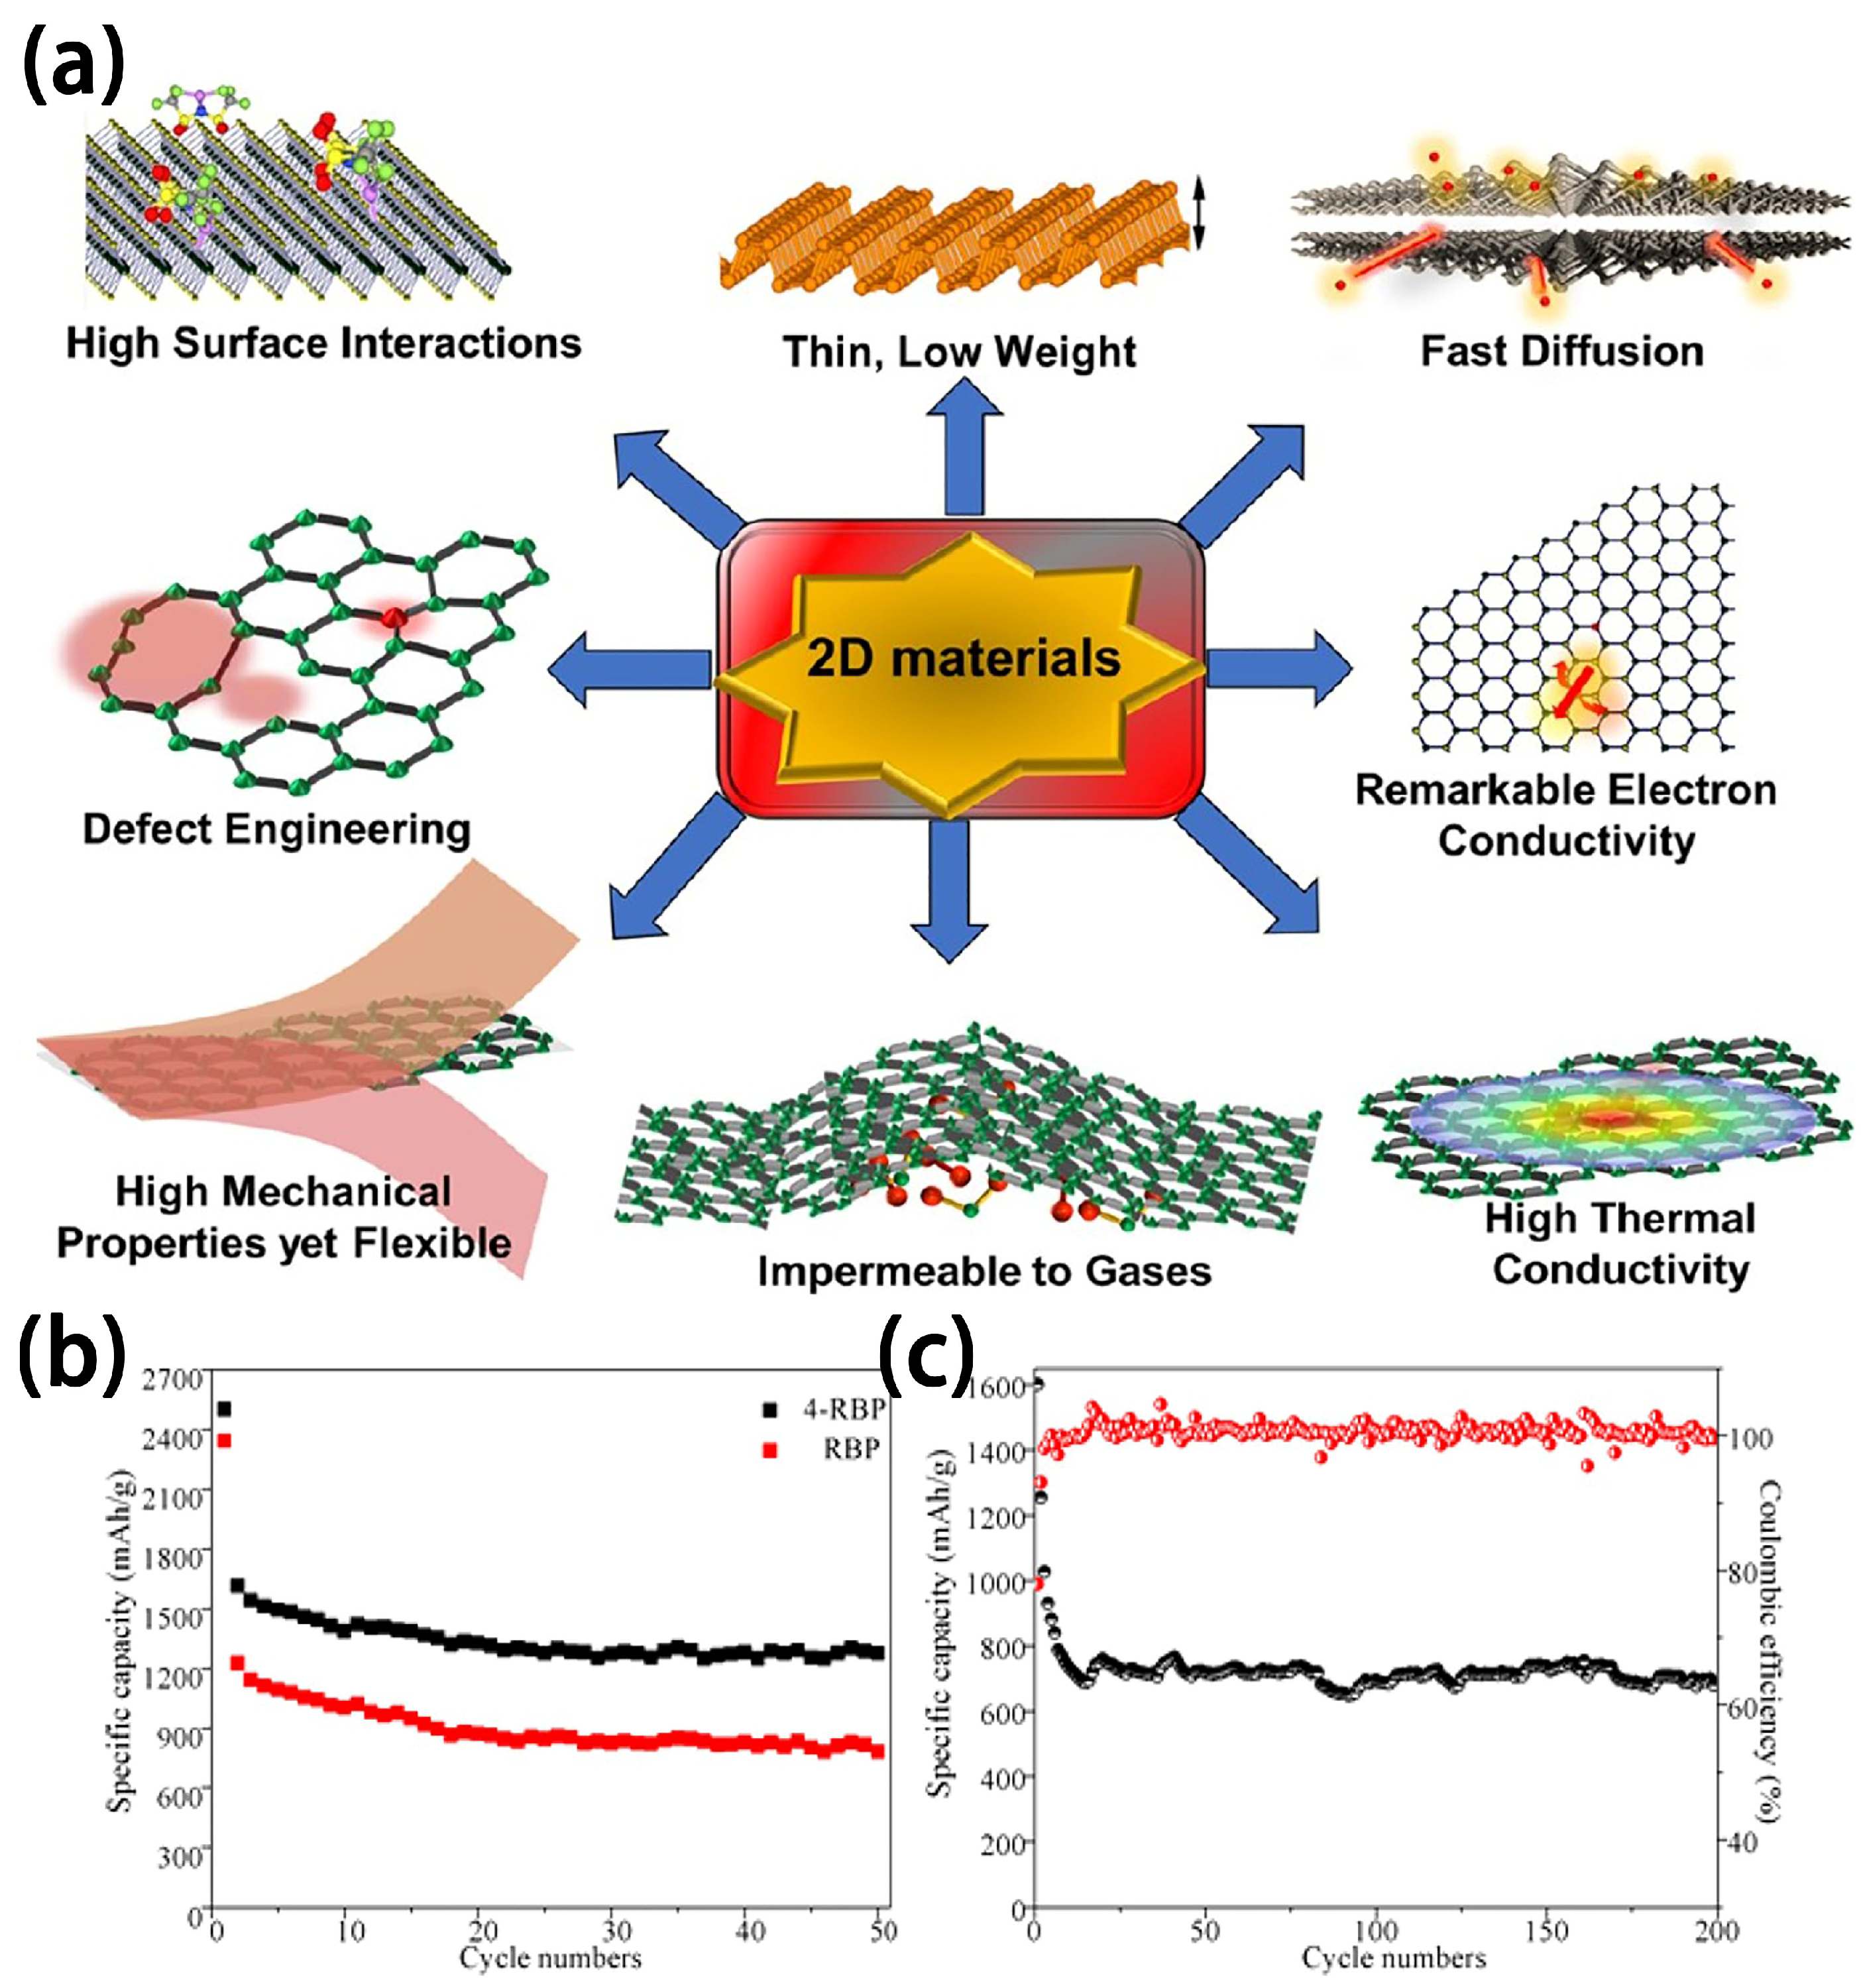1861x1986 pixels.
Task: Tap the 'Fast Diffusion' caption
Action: click(x=1561, y=351)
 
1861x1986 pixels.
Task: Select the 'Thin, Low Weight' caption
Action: click(x=959, y=351)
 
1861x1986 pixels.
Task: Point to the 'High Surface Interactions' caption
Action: click(x=323, y=343)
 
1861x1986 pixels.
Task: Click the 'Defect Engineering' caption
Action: click(x=277, y=829)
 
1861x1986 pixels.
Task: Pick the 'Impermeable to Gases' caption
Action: click(x=984, y=1271)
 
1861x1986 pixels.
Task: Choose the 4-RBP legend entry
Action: click(x=842, y=1409)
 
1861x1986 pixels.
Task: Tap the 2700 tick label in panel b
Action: click(x=174, y=1379)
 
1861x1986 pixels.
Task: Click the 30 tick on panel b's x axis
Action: click(x=616, y=1929)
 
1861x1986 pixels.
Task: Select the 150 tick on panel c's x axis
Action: click(x=1546, y=1929)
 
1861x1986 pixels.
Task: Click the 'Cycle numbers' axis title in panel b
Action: click(x=550, y=1957)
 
